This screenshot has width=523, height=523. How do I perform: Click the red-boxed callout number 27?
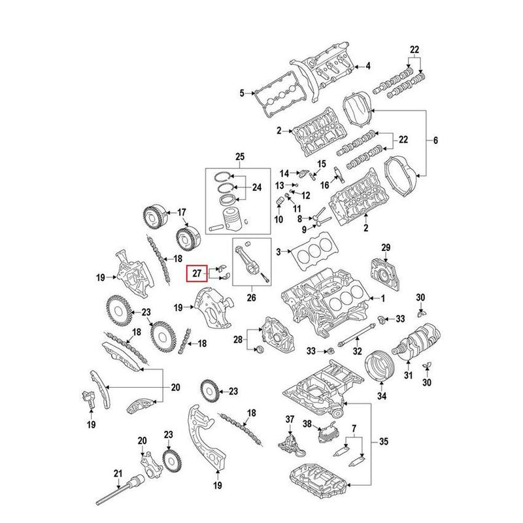(x=195, y=273)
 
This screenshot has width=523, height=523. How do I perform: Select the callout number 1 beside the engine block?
(x=384, y=299)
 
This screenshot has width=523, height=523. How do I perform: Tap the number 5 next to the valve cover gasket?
(x=242, y=93)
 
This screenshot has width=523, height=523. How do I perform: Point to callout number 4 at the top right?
(x=367, y=65)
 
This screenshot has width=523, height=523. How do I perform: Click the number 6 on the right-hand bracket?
(x=436, y=141)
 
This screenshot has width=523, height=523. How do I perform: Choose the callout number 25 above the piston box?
(x=239, y=156)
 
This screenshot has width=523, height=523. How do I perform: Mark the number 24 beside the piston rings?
(x=256, y=188)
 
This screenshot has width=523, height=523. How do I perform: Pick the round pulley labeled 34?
(x=377, y=366)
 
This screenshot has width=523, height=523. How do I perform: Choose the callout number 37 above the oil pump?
(x=290, y=419)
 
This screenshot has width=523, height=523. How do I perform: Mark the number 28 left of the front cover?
(x=237, y=339)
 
